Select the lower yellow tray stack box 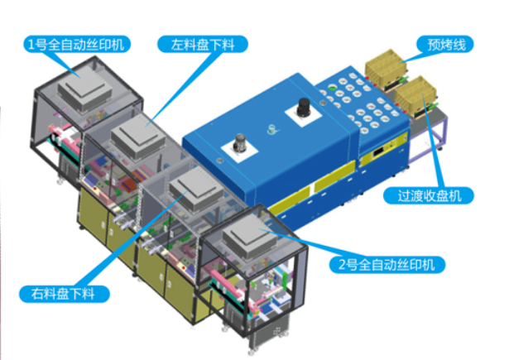point(420,97)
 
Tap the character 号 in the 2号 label point(352,265)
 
